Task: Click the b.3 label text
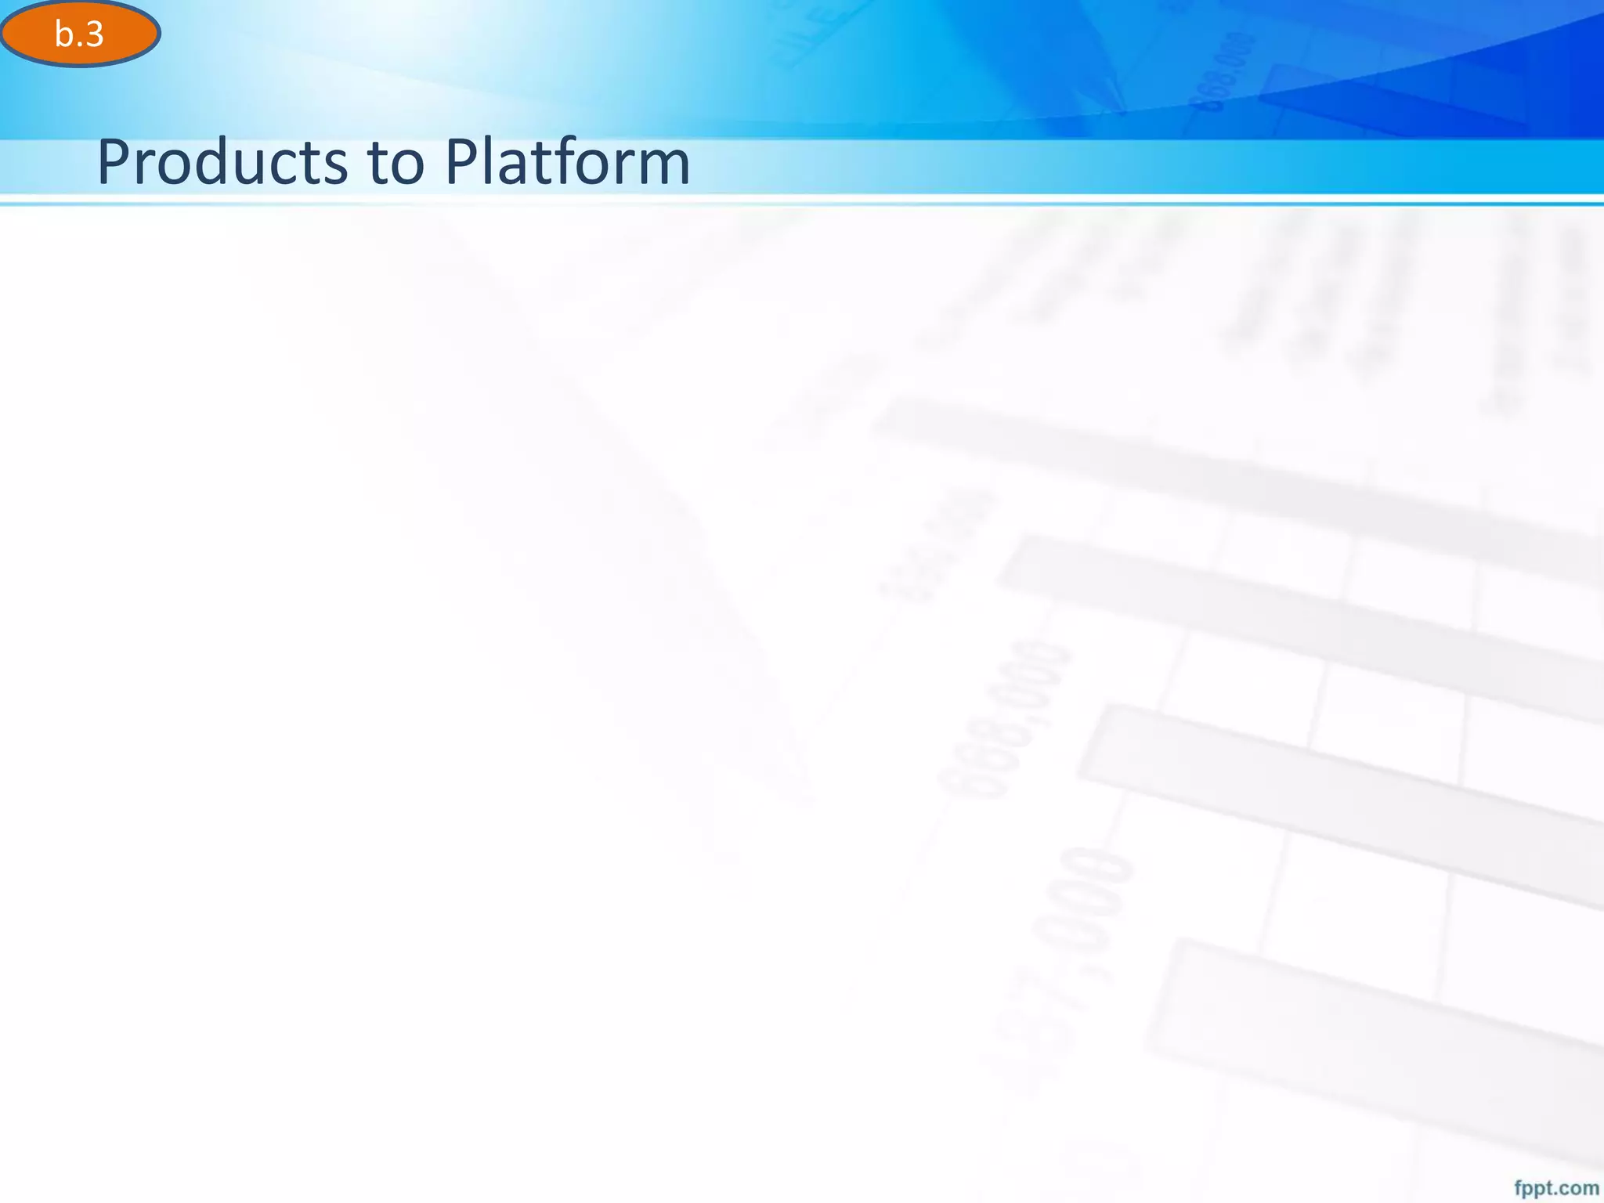(x=79, y=34)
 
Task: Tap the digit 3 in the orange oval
(x=94, y=34)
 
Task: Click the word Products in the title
(x=222, y=162)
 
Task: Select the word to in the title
(x=396, y=163)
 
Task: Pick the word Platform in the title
(x=567, y=162)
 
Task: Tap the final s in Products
(x=334, y=168)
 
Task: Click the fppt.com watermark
(x=1556, y=1188)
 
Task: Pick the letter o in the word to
(x=411, y=168)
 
